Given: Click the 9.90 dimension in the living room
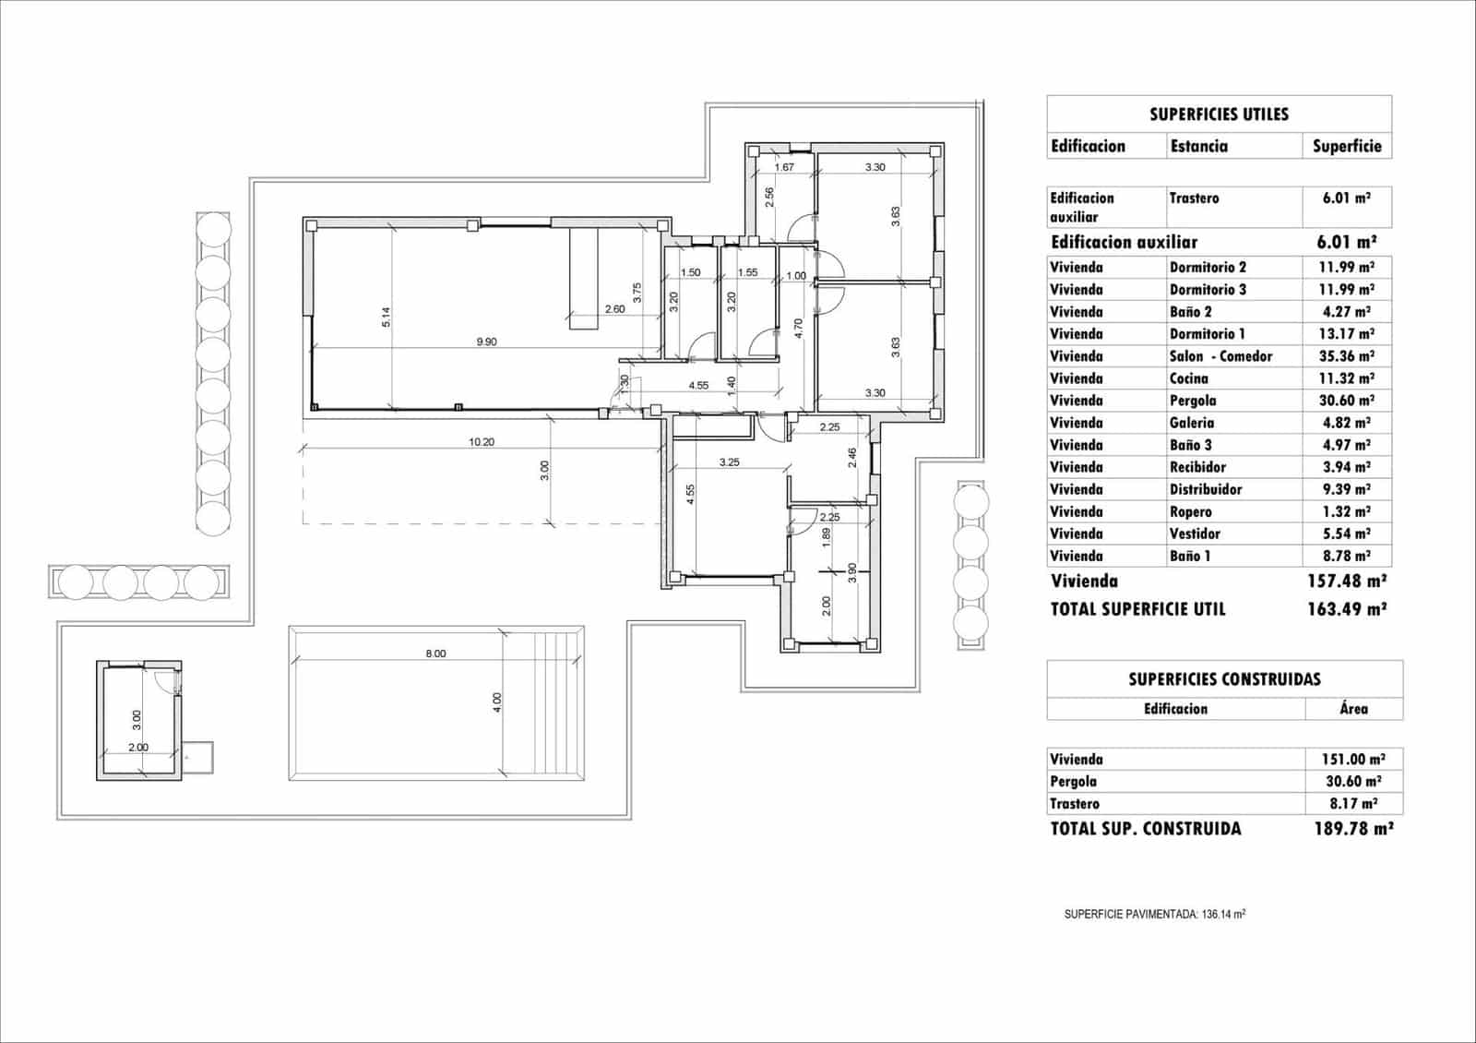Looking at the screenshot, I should click(x=486, y=342).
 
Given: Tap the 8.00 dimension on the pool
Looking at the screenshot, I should click(x=435, y=653).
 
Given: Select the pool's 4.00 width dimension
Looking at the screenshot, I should click(x=497, y=702).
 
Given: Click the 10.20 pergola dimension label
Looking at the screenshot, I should click(x=481, y=442).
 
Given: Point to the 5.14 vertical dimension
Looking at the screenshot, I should click(x=387, y=317).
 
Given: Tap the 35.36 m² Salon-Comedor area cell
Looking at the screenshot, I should click(x=1346, y=356).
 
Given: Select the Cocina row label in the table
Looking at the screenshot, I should click(x=1189, y=378).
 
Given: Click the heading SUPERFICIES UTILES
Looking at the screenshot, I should click(x=1218, y=114).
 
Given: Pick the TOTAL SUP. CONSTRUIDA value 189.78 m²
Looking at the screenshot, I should click(x=1352, y=829).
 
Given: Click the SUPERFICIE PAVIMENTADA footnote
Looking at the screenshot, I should click(x=1154, y=915).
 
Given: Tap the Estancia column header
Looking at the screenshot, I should click(x=1198, y=146).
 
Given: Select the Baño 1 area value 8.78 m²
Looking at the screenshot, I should click(x=1346, y=556).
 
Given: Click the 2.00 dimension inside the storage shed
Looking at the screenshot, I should click(x=137, y=748).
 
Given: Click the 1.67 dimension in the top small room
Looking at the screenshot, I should click(x=784, y=167).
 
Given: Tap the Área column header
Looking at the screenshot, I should click(x=1353, y=709).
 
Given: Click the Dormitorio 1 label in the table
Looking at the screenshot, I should click(x=1207, y=334).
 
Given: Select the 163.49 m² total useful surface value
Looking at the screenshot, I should click(x=1346, y=609).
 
